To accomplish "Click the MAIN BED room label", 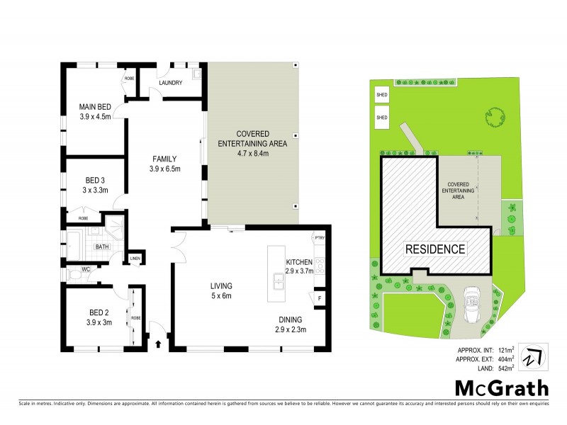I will pyautogui.click(x=95, y=107).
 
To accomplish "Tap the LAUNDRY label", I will pyautogui.click(x=172, y=83).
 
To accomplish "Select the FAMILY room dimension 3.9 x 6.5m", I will pyautogui.click(x=165, y=169).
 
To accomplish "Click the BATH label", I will pyautogui.click(x=103, y=246).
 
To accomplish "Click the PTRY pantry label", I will pyautogui.click(x=319, y=238).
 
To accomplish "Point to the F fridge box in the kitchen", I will pyautogui.click(x=320, y=298).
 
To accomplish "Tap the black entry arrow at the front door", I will pyautogui.click(x=158, y=345).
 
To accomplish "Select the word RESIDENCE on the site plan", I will pyautogui.click(x=436, y=249).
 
